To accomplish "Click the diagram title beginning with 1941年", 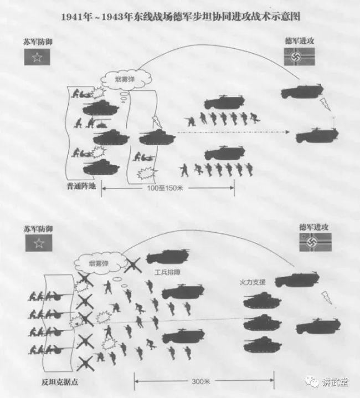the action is (x=181, y=17).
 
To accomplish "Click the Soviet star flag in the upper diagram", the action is (x=37, y=57).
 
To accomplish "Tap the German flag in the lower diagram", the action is (x=315, y=242).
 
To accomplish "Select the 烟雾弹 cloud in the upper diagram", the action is (x=126, y=79).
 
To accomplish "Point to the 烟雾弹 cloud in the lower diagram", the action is (x=100, y=263).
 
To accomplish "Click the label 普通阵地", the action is (x=81, y=186).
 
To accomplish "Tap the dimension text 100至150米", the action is (x=165, y=188).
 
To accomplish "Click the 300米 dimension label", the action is (x=201, y=381).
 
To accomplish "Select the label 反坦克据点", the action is (x=60, y=382).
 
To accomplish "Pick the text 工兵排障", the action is (x=167, y=273).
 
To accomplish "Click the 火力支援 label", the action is (x=253, y=282).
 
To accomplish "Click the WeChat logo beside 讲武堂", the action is (x=312, y=381).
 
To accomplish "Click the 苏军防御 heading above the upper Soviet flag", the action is (x=38, y=42).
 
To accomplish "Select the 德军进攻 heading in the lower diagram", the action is (x=313, y=227).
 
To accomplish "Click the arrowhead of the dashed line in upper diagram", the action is (x=287, y=132).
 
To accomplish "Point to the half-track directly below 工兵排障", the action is (x=183, y=292).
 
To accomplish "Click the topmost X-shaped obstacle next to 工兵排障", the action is (x=133, y=265).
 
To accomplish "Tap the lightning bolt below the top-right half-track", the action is (x=325, y=104).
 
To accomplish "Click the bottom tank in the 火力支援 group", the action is (x=263, y=344).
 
